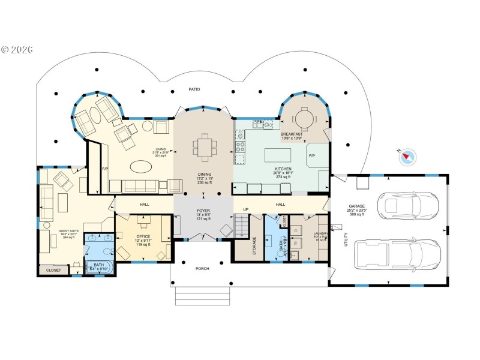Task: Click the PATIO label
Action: coord(194,89)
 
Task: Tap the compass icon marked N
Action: coord(407,157)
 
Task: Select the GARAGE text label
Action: coord(356,206)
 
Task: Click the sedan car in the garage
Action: coord(409,204)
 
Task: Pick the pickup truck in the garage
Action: coord(397,254)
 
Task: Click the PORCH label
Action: coord(202,268)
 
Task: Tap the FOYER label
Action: coord(203,211)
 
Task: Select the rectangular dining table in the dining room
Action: coord(203,147)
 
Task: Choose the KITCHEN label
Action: coord(283,169)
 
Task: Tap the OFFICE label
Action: coord(143,236)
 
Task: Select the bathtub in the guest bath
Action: coord(98,266)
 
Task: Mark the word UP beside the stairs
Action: coord(245,209)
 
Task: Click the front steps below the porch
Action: coord(202,296)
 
